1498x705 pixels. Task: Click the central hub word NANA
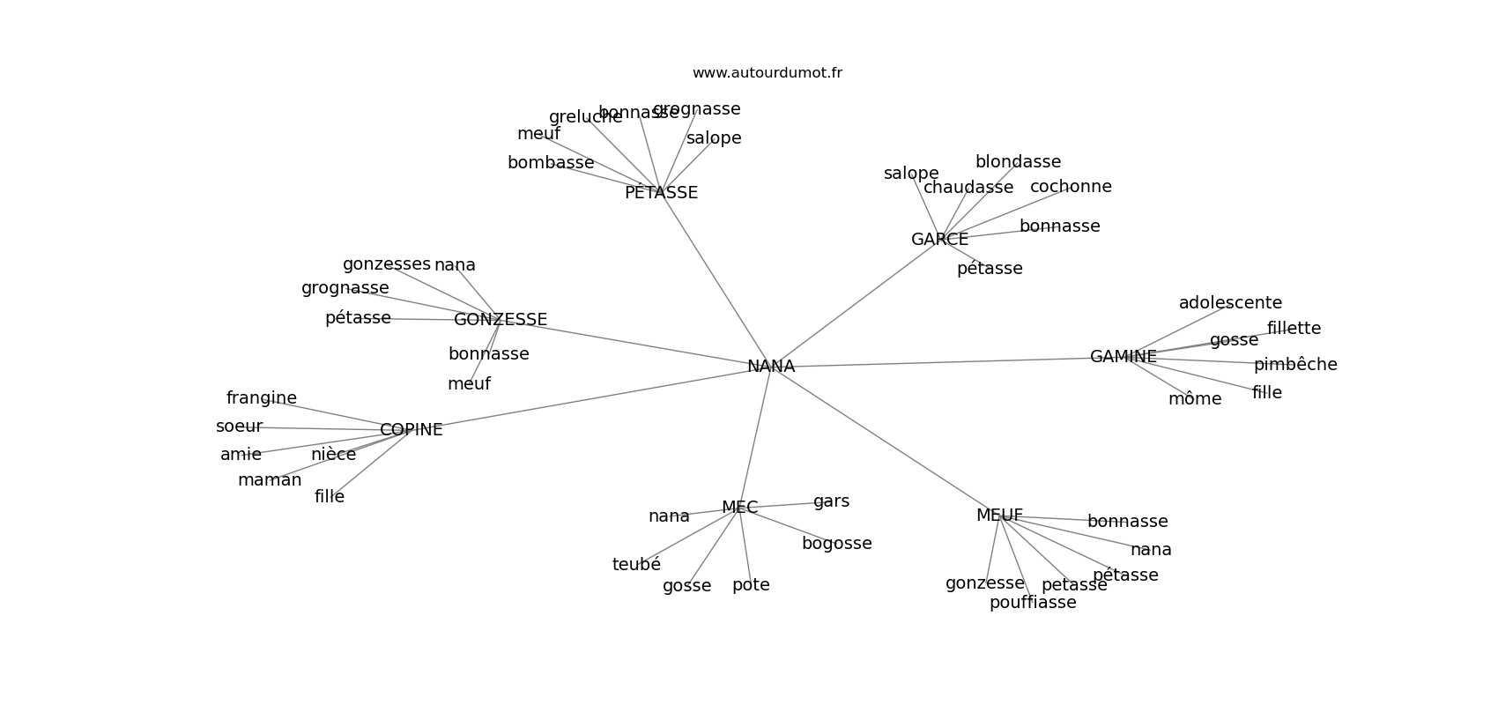[771, 367]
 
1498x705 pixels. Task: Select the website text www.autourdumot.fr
[767, 73]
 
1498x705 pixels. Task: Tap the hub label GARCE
[939, 240]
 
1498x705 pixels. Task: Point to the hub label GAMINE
[1123, 357]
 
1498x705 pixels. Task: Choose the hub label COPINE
[411, 430]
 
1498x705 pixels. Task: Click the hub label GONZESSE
[501, 320]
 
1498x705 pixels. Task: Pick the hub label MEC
[739, 508]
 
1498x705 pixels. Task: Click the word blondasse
[1018, 162]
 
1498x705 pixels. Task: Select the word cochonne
[1071, 187]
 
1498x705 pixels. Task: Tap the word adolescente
[1230, 303]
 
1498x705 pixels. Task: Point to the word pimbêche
[1295, 365]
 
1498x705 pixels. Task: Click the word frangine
[262, 398]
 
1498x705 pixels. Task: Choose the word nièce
[333, 455]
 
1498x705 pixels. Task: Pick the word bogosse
[836, 544]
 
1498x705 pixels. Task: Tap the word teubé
[636, 565]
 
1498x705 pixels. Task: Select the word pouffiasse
[1033, 603]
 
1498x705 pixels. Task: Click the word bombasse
[551, 163]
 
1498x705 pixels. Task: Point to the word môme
[1195, 399]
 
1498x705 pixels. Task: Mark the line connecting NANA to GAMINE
[943, 362]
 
